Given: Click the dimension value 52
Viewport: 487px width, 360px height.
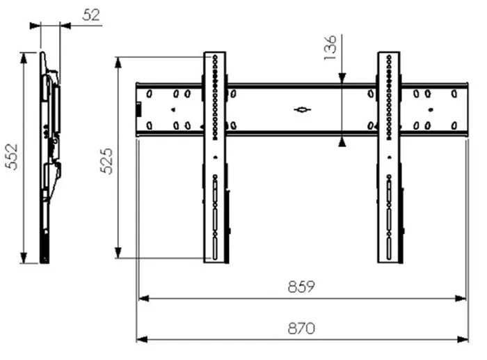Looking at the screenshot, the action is point(91,15).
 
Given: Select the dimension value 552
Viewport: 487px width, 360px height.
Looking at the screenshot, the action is point(12,157).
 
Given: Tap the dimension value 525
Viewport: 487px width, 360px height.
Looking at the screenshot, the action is point(106,161).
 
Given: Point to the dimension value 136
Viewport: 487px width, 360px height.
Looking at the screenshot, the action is point(330,47).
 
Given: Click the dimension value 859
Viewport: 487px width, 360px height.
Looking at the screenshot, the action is point(301,287).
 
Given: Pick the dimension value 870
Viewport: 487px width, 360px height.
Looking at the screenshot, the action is point(301,328).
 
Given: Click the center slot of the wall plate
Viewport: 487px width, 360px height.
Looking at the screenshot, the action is point(302,110).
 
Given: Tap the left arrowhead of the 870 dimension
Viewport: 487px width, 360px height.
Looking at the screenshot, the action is point(142,339).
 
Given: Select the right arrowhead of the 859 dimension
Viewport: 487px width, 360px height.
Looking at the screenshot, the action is point(461,299).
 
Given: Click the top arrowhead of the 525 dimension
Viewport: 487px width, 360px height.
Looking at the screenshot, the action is point(118,62).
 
